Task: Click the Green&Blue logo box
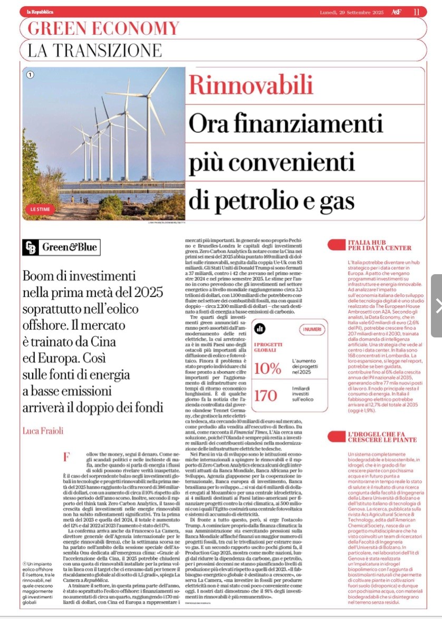pyautogui.click(x=62, y=247)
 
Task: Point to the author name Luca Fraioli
pyautogui.click(x=42, y=431)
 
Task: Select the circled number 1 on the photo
pyautogui.click(x=30, y=75)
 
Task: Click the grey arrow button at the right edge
pyautogui.click(x=437, y=305)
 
